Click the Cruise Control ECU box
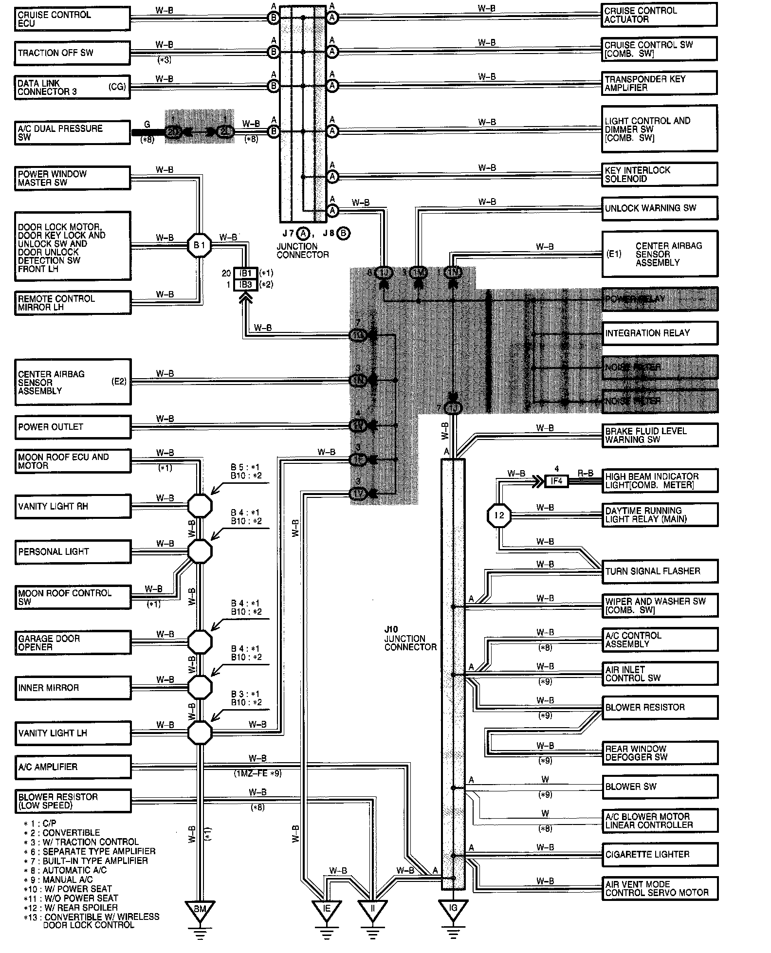tap(72, 18)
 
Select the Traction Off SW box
tap(72, 53)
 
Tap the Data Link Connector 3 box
tap(72, 87)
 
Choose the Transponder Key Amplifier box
tap(659, 83)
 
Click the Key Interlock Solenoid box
tap(659, 174)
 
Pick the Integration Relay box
tap(660, 333)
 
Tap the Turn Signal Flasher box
tap(660, 571)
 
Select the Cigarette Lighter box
tap(660, 854)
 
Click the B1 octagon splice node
tap(200, 245)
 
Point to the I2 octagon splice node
tap(499, 515)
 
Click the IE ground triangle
tap(327, 909)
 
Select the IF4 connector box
tap(556, 481)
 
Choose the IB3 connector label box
tap(245, 284)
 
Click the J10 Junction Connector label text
tap(410, 639)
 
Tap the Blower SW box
tap(660, 787)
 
